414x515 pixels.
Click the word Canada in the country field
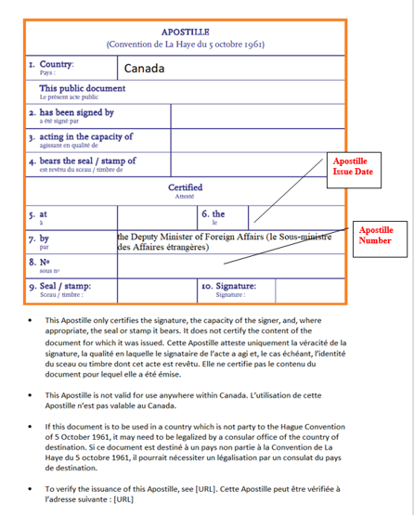click(x=144, y=69)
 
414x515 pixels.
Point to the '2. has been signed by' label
click(x=71, y=112)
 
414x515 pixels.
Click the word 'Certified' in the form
click(x=185, y=187)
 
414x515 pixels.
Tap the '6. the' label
click(x=213, y=213)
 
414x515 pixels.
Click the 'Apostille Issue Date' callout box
click(x=355, y=171)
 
